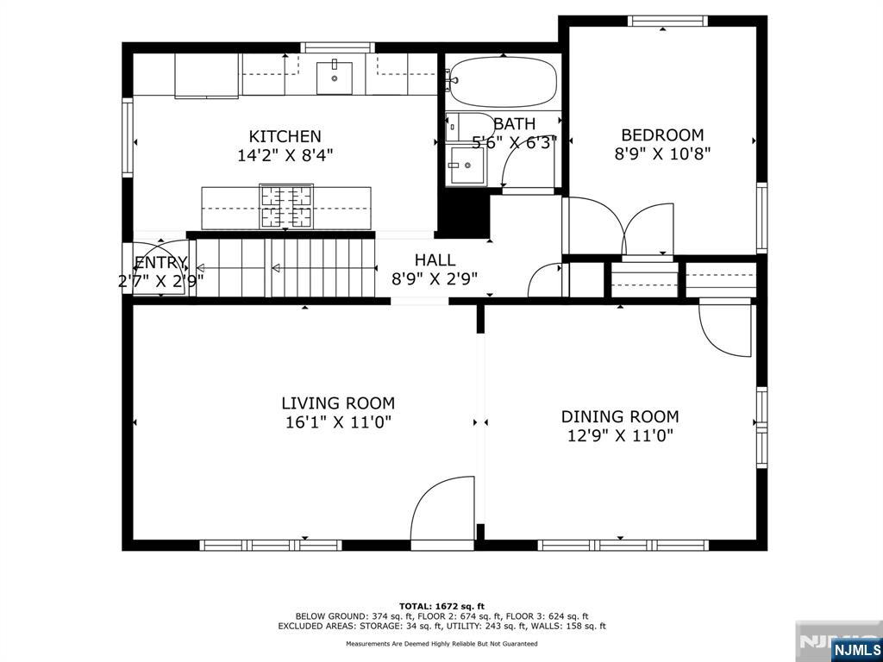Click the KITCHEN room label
285,136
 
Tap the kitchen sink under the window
334,78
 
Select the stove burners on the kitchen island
286,207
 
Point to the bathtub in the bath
504,82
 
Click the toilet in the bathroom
462,128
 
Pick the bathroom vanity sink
467,165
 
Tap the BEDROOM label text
662,135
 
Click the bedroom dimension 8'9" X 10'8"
662,153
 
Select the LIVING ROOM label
338,403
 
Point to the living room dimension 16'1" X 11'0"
338,422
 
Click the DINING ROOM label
619,416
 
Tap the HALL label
435,260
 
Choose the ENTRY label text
161,263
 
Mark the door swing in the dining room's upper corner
724,330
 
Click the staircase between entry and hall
285,267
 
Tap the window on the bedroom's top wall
667,21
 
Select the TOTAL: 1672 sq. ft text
442,606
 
